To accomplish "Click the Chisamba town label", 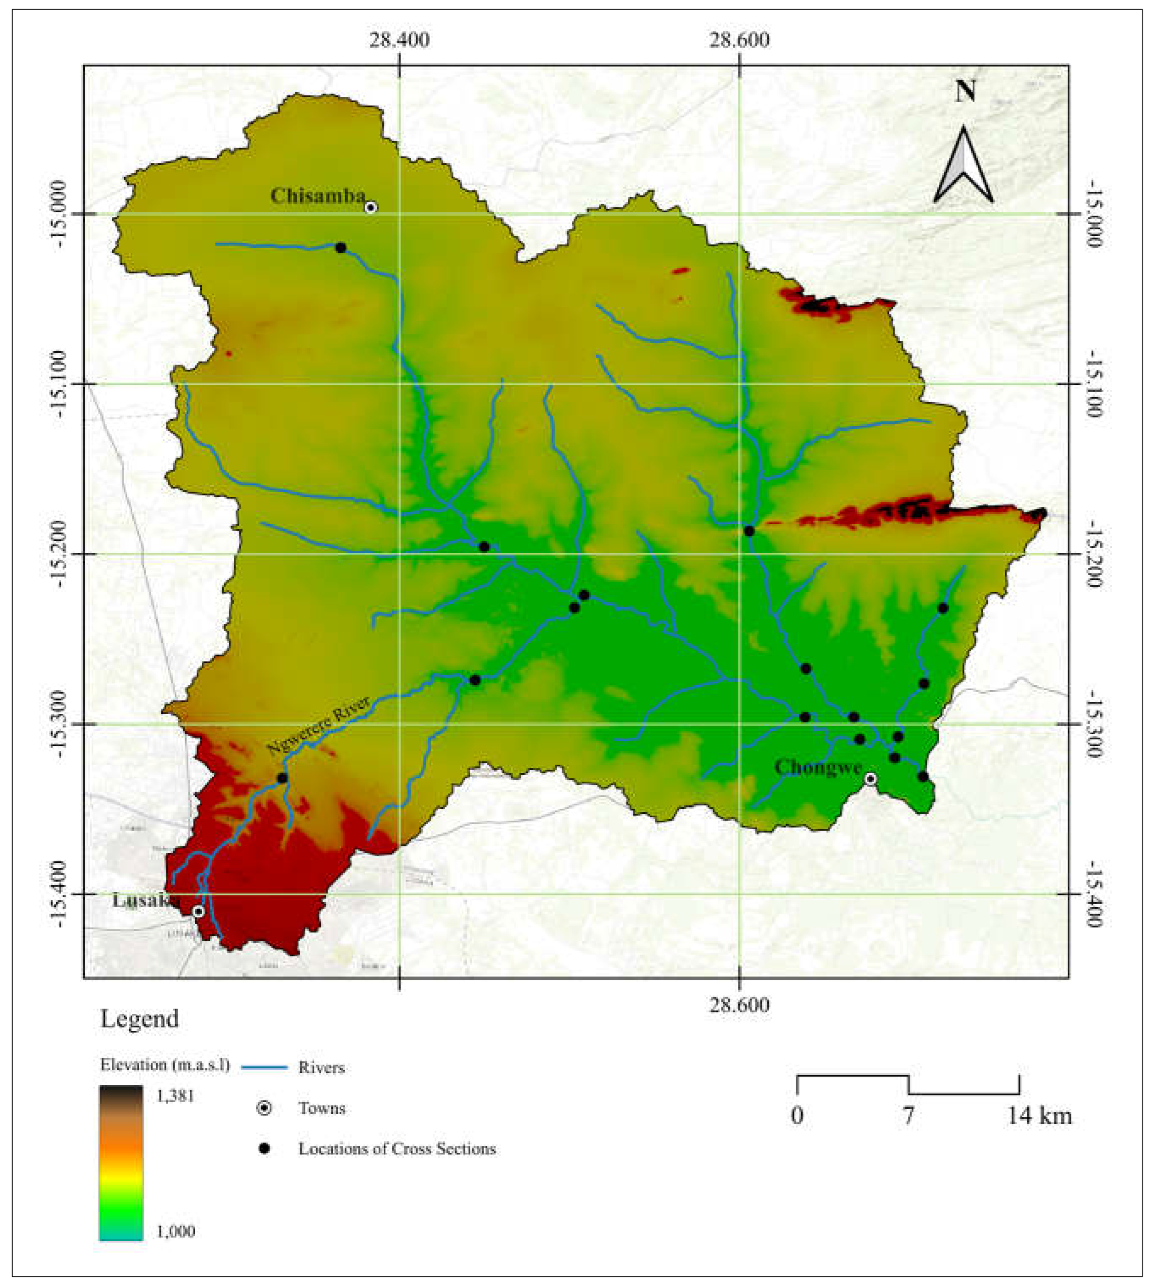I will [317, 196].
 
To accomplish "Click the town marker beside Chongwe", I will [871, 779].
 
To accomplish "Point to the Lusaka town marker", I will [199, 911].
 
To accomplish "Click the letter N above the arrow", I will [965, 92].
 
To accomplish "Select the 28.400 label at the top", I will [399, 40].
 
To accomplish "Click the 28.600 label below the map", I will [739, 1005].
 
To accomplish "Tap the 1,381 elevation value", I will [176, 1096].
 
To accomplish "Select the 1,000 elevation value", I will [176, 1232].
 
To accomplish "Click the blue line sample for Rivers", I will [265, 1068].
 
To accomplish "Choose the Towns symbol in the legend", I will [264, 1109].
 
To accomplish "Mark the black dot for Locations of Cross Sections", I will [264, 1149].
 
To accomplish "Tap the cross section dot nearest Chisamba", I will [341, 247].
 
